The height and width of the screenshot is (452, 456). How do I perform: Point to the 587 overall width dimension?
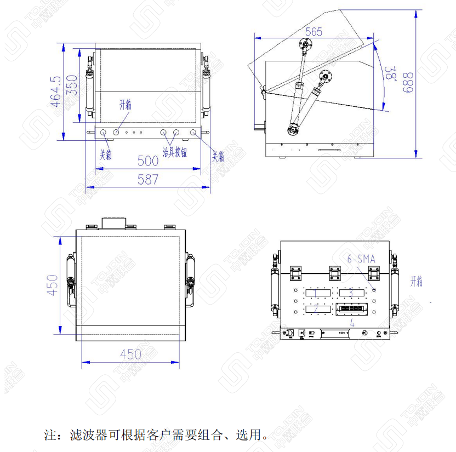(x=147, y=179)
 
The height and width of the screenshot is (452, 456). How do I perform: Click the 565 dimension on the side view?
(x=314, y=32)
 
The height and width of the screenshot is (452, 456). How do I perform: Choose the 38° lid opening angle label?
(x=391, y=73)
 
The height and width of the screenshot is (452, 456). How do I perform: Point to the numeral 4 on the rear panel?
(x=352, y=323)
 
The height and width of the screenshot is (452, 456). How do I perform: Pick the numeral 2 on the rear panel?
(x=316, y=310)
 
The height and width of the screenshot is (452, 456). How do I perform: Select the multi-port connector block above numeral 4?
(x=351, y=310)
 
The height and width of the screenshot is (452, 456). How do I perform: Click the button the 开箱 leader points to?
(x=116, y=132)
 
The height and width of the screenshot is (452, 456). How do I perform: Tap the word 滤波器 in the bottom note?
(x=82, y=436)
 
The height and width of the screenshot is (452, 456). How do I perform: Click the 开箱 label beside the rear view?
(x=417, y=282)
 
